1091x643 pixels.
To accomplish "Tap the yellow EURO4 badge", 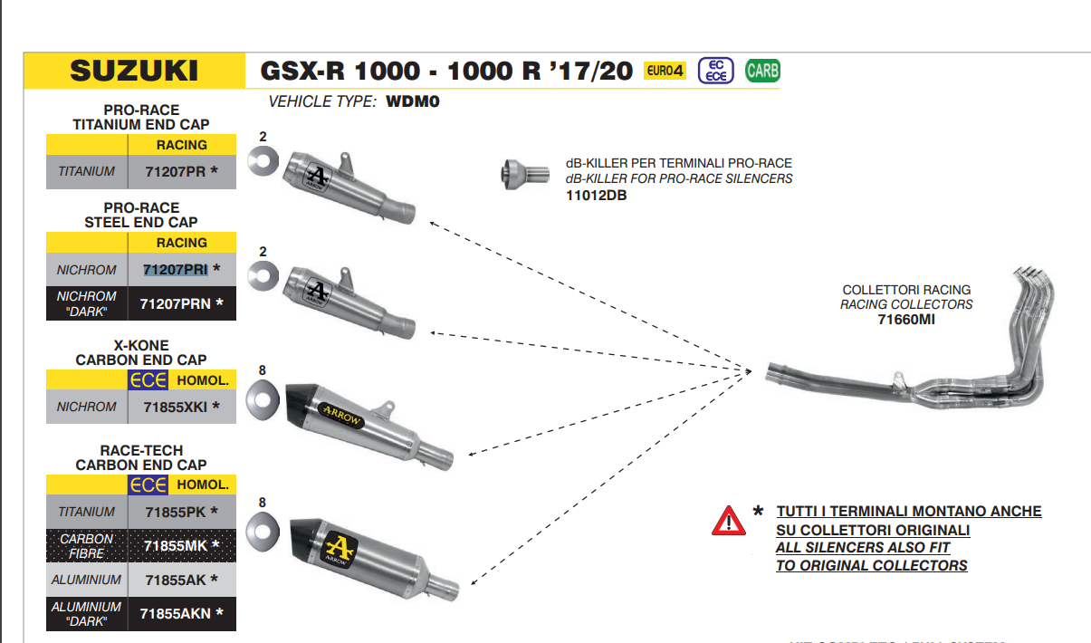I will [665, 71].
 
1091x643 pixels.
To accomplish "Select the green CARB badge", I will [762, 71].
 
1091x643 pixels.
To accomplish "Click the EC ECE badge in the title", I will [715, 71].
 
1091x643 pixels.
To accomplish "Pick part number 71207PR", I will [175, 171].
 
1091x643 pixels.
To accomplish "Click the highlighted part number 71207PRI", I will [176, 269].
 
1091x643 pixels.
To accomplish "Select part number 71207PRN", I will [176, 303].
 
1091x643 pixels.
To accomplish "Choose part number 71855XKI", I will [176, 407].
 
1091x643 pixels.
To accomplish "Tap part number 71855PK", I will [175, 512].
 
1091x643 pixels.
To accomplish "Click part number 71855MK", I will [176, 545].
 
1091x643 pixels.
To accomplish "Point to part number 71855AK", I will [175, 580].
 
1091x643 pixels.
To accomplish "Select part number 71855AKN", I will [176, 613].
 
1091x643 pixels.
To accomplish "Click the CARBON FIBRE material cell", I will [87, 545].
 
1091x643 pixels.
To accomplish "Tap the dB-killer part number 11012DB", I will [596, 195].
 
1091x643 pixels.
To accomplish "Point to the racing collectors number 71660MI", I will [906, 319].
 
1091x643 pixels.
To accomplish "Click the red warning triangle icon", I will [728, 521].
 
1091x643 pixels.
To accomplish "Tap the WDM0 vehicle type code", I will [412, 101].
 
